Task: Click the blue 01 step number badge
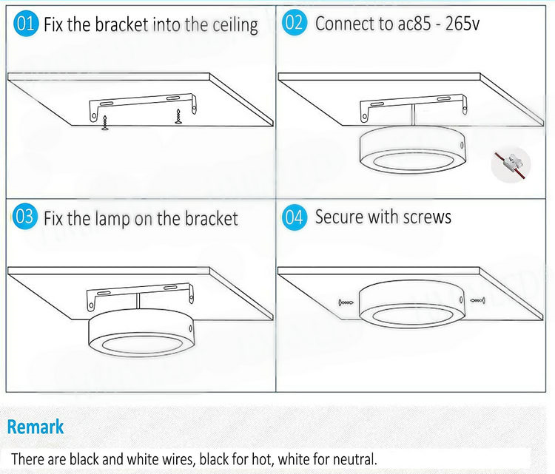click(x=25, y=24)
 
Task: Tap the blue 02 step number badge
click(x=294, y=23)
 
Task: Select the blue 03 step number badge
click(x=24, y=216)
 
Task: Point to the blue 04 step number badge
click(x=294, y=217)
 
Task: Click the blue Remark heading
click(x=36, y=426)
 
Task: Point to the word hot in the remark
click(x=262, y=459)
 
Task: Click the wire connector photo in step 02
click(x=511, y=165)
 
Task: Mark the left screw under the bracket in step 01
click(x=105, y=123)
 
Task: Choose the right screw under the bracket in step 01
click(x=178, y=117)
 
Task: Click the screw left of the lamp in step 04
click(x=346, y=302)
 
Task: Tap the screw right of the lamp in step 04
click(x=477, y=301)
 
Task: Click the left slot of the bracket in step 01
click(x=106, y=104)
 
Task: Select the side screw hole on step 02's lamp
click(x=461, y=145)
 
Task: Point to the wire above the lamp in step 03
click(x=138, y=302)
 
